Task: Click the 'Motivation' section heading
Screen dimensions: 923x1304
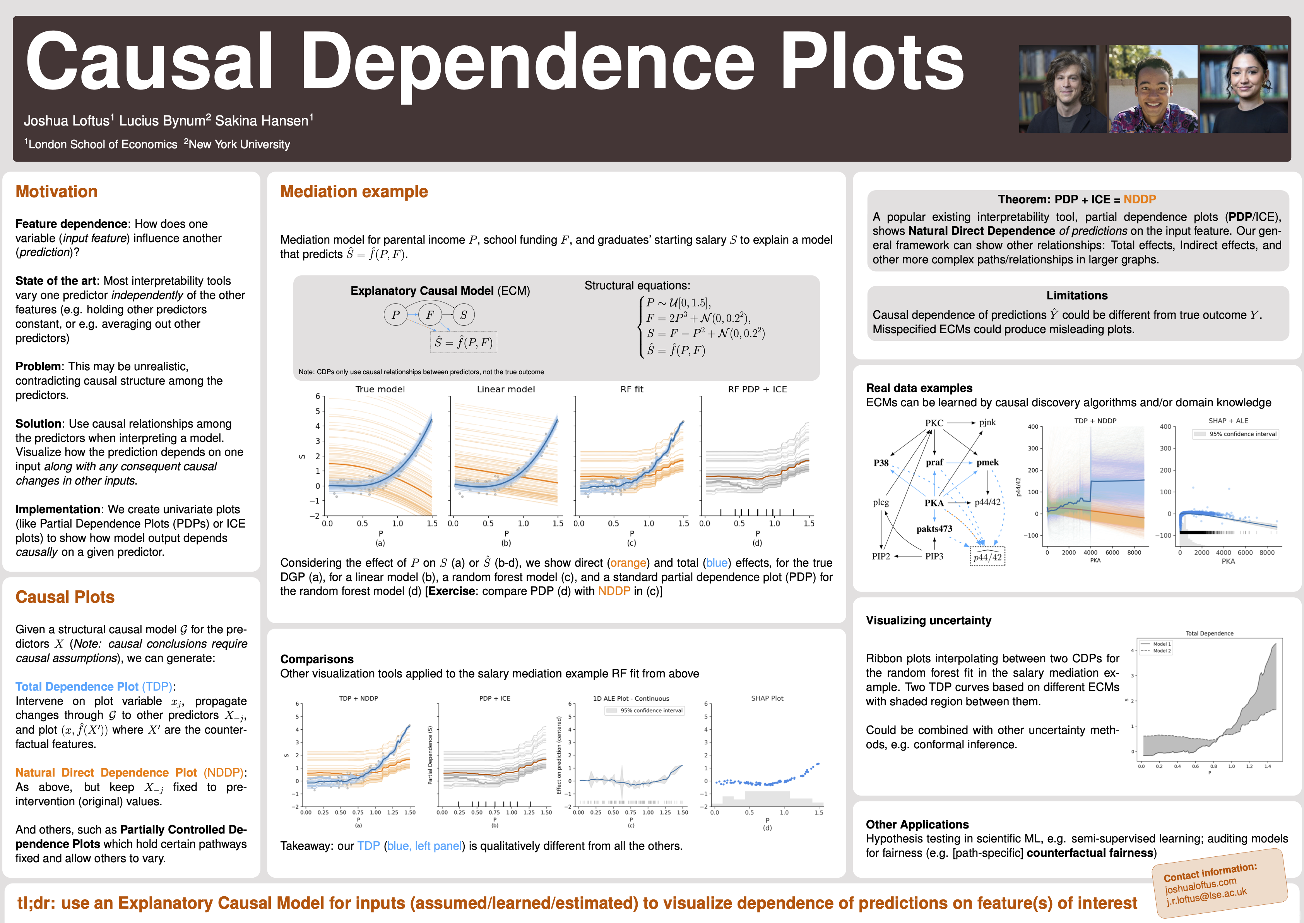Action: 56,192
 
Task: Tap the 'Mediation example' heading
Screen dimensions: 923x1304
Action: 354,192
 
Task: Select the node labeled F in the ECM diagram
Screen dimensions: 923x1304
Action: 430,314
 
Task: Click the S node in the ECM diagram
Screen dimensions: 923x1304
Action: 464,314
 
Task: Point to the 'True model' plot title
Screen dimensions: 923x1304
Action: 380,389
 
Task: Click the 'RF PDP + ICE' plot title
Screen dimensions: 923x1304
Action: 757,389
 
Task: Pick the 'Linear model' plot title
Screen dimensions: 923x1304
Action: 505,389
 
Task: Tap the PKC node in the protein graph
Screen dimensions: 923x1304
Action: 934,423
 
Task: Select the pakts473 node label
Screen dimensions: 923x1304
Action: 934,529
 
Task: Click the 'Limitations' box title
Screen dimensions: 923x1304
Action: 1077,296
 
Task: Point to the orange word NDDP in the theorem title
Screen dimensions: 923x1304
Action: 1139,199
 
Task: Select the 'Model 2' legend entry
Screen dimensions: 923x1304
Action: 1162,651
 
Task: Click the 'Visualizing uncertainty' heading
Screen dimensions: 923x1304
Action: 929,620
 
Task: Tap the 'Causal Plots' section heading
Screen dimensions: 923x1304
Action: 65,597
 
